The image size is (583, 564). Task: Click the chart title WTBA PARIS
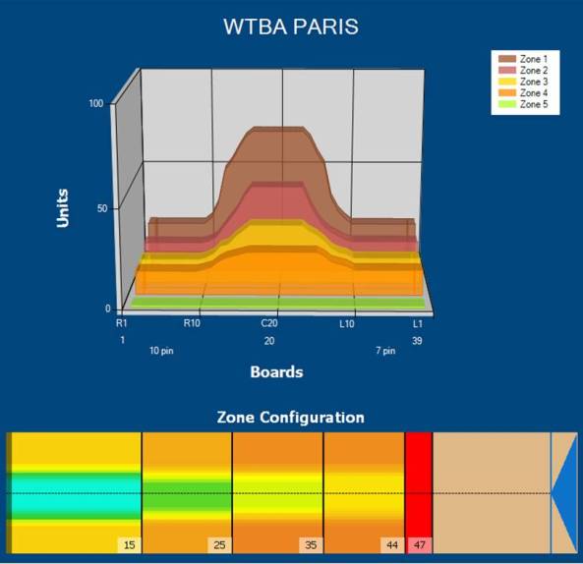pyautogui.click(x=291, y=27)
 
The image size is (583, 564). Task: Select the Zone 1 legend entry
pyautogui.click(x=522, y=59)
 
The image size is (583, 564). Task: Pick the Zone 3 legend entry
pyautogui.click(x=522, y=82)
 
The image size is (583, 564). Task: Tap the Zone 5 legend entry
pyautogui.click(x=522, y=104)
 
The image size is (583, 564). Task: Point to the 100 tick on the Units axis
pyautogui.click(x=96, y=103)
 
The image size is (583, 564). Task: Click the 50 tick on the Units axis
pyautogui.click(x=102, y=208)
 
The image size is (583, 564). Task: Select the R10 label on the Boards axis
pyautogui.click(x=192, y=323)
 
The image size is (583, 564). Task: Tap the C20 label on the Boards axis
pyautogui.click(x=269, y=323)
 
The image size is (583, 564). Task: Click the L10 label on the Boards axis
pyautogui.click(x=347, y=324)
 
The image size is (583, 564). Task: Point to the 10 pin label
pyautogui.click(x=161, y=351)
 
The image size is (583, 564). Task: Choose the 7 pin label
pyautogui.click(x=385, y=351)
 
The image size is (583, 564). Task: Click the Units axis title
pyautogui.click(x=63, y=208)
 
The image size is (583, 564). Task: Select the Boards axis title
pyautogui.click(x=276, y=372)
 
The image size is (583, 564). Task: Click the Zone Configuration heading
pyautogui.click(x=290, y=418)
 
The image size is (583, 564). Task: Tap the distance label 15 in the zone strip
pyautogui.click(x=130, y=545)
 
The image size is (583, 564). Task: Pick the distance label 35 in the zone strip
pyautogui.click(x=311, y=545)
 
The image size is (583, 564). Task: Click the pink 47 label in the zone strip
pyautogui.click(x=420, y=545)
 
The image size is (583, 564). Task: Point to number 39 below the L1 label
pyautogui.click(x=417, y=341)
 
